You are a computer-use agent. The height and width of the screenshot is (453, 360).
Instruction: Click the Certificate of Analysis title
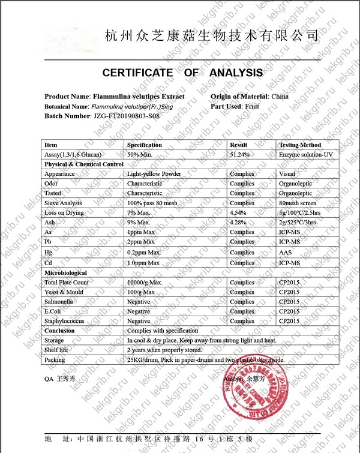[x=182, y=73]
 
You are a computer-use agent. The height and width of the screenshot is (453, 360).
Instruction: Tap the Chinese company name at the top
[x=211, y=35]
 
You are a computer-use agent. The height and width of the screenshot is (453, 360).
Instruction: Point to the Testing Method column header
[x=300, y=145]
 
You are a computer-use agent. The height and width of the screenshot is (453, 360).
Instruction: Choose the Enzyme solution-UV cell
[x=305, y=155]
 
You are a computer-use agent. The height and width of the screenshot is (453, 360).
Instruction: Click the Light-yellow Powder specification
[x=154, y=174]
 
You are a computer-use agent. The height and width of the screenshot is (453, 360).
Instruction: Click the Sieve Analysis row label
[x=63, y=203]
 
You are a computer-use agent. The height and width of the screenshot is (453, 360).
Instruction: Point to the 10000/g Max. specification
[x=145, y=283]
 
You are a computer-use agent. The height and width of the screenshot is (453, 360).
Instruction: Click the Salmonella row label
[x=59, y=302]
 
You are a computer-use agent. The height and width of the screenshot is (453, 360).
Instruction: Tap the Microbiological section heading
[x=65, y=272]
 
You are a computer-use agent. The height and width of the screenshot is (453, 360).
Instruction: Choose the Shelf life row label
[x=58, y=350]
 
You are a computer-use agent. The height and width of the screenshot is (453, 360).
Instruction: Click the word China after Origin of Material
[x=280, y=97]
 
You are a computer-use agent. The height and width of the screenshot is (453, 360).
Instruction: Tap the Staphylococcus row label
[x=65, y=321]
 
